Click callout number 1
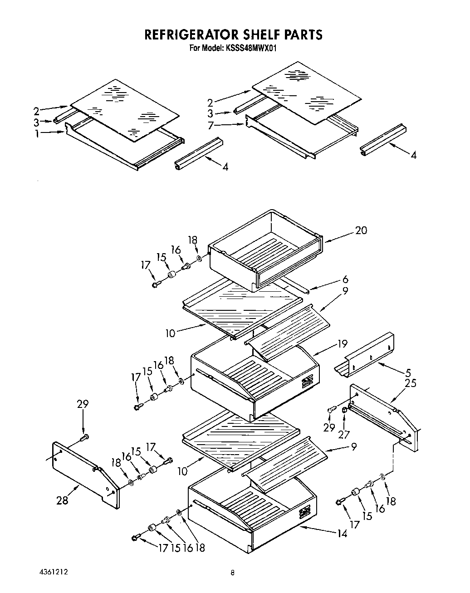click(x=38, y=133)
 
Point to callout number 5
click(x=408, y=372)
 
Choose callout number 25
click(x=411, y=383)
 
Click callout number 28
click(x=62, y=500)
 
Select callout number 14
click(x=342, y=534)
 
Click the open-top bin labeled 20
click(x=265, y=252)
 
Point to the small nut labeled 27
click(x=344, y=411)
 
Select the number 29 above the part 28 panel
click(x=83, y=404)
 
